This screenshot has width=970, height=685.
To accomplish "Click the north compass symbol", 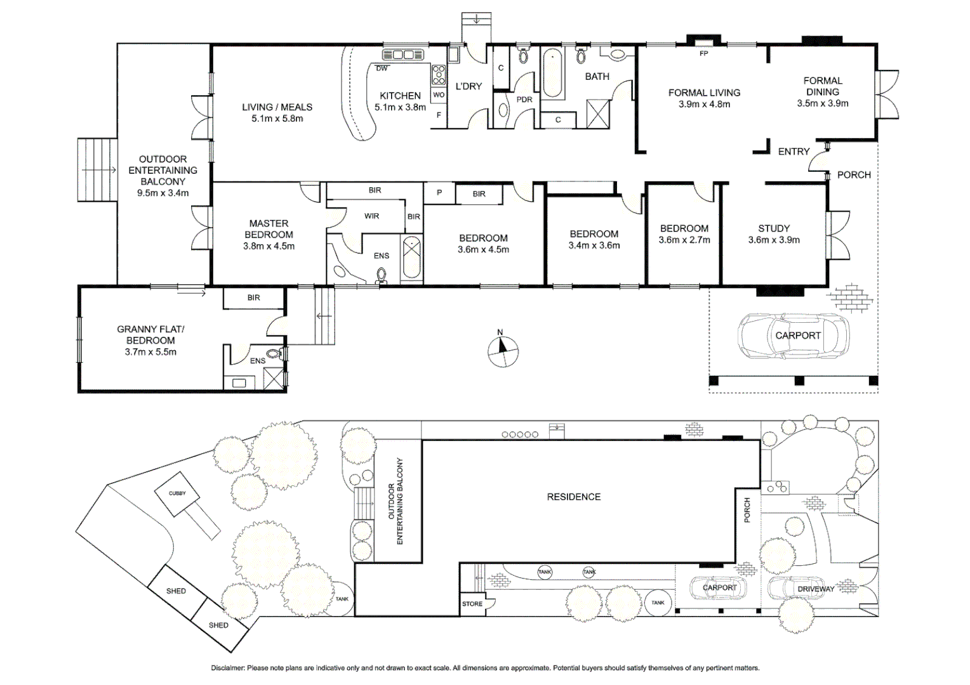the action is [x=503, y=351].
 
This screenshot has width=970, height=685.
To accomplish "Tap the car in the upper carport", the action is [x=794, y=336].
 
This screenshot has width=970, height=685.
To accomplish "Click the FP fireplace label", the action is [x=703, y=53].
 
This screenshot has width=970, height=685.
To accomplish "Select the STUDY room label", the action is [x=774, y=228].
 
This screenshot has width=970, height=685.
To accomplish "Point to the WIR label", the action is [x=371, y=216].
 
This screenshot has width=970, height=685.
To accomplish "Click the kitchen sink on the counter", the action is [x=402, y=55].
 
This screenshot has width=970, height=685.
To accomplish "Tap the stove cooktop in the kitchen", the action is [x=438, y=74].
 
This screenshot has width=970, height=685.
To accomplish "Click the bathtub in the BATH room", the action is [x=552, y=73].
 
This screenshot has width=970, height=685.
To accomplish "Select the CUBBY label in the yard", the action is [x=177, y=493].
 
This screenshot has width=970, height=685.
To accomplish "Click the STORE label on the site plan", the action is [x=472, y=604].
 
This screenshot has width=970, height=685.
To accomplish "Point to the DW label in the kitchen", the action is [x=382, y=68].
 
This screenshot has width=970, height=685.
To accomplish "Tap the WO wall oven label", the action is [x=439, y=95].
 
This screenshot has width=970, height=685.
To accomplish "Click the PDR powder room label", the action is [x=524, y=100].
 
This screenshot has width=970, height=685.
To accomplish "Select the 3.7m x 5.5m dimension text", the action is [x=150, y=352].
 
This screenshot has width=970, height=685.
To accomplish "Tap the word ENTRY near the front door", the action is [x=794, y=152].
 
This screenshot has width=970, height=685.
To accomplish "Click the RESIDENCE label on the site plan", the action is [x=574, y=497].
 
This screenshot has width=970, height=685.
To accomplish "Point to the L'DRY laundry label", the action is [x=468, y=86].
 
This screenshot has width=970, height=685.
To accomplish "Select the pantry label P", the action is [x=439, y=193].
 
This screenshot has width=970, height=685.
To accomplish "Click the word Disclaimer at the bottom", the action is [x=228, y=668].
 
